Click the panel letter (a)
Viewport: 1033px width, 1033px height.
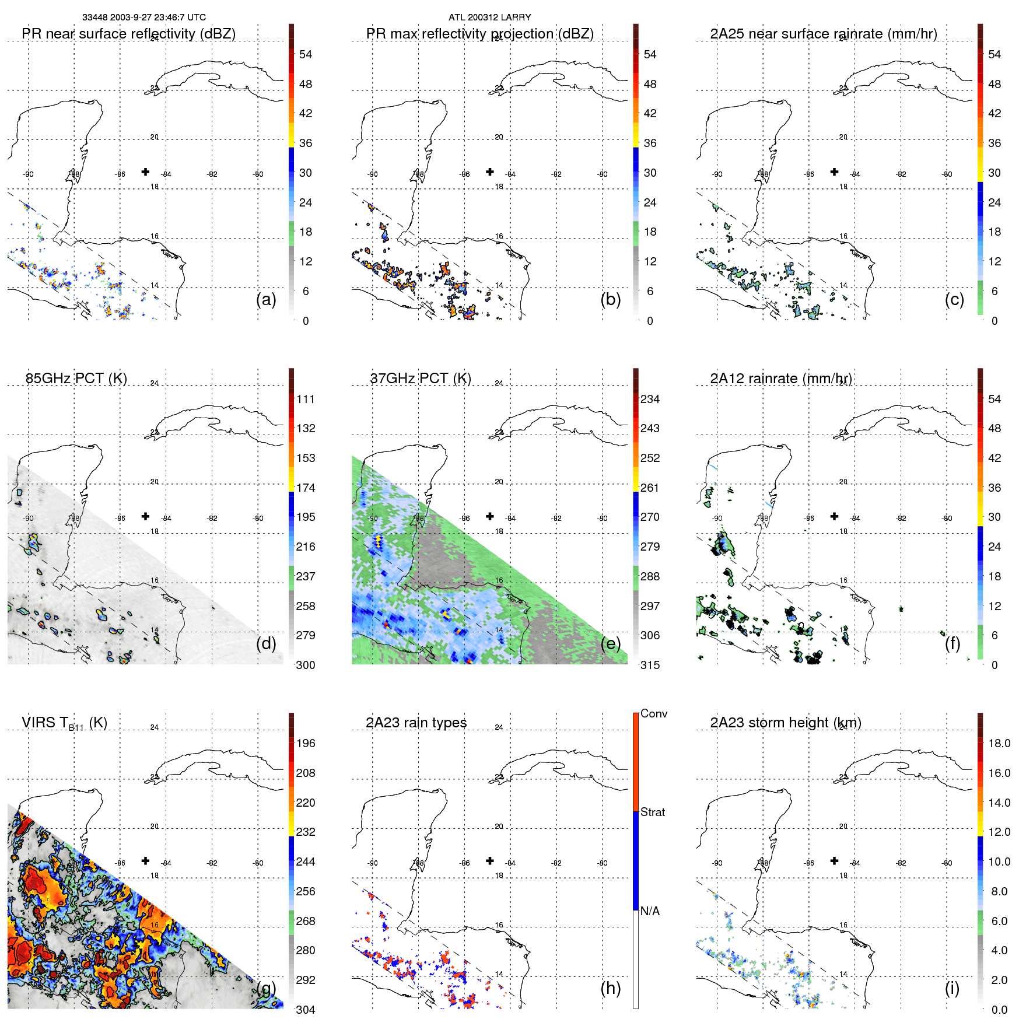tap(266, 299)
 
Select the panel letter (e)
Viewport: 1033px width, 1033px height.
tap(610, 643)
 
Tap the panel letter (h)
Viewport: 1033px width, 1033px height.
tap(610, 988)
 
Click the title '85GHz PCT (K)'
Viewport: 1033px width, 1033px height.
tap(76, 378)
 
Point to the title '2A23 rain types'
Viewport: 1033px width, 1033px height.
tap(416, 722)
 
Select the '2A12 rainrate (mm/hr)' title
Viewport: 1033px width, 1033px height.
tap(781, 378)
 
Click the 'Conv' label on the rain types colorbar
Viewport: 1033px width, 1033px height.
tap(653, 713)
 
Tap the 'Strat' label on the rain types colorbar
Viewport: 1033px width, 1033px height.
tap(652, 812)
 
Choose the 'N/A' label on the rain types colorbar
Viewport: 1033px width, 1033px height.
tap(650, 911)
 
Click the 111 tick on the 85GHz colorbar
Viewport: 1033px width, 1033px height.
tap(306, 399)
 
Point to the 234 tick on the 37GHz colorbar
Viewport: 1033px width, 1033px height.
tap(650, 399)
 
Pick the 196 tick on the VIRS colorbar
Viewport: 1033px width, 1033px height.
tap(306, 743)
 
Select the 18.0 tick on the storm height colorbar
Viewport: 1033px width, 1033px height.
tap(999, 743)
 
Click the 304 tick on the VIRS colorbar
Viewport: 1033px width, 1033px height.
tap(306, 1010)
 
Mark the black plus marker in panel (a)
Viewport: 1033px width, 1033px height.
tap(145, 171)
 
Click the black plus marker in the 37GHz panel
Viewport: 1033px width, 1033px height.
tap(490, 516)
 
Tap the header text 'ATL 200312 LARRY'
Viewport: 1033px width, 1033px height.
tap(489, 17)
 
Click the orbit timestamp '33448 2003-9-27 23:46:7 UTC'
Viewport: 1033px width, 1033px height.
tap(143, 17)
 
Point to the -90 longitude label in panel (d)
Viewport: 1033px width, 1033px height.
tap(28, 518)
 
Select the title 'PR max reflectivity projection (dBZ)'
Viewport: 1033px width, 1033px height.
tap(479, 34)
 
